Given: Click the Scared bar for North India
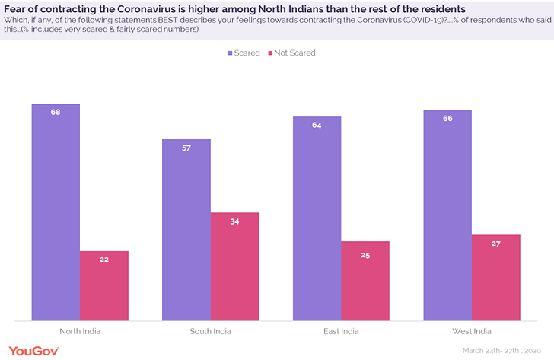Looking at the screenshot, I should click(x=56, y=213).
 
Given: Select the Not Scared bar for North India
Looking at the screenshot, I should click(x=104, y=286).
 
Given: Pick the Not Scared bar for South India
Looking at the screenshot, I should click(x=234, y=267).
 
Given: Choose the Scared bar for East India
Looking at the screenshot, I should click(x=317, y=219).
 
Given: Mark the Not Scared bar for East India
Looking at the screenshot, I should click(x=365, y=282).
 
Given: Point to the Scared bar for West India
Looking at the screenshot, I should click(x=447, y=216).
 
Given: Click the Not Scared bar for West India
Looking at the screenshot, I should click(x=496, y=278).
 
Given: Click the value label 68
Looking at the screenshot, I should click(x=56, y=112).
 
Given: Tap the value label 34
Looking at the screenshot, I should click(x=234, y=221).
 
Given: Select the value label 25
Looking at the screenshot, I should click(x=365, y=255).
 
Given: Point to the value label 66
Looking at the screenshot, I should click(x=447, y=118).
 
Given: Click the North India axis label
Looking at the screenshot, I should click(x=80, y=331).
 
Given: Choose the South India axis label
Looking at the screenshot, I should click(x=211, y=331).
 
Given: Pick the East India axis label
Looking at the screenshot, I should click(x=341, y=331).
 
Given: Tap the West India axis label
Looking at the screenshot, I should click(x=472, y=331).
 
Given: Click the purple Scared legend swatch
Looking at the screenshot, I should click(x=231, y=53).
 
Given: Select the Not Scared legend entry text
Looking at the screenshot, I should click(x=294, y=53).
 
